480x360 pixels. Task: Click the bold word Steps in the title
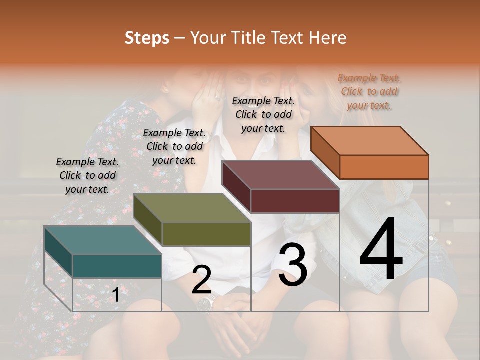click(147, 38)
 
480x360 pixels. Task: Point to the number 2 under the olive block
click(201, 280)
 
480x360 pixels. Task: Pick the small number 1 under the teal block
click(115, 295)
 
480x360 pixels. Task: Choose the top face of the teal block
click(103, 240)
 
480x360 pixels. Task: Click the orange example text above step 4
click(369, 91)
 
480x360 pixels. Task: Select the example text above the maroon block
click(263, 114)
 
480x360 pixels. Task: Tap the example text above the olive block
click(174, 146)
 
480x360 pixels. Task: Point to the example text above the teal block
click(87, 175)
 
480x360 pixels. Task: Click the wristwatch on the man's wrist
click(206, 302)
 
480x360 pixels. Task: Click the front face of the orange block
click(384, 167)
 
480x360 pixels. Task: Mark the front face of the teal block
click(117, 266)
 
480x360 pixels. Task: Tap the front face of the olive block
click(206, 234)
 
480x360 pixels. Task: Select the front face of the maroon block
click(295, 201)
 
